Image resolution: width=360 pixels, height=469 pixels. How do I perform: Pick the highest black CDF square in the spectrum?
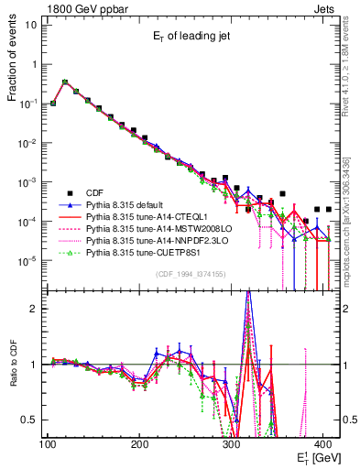64,82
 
